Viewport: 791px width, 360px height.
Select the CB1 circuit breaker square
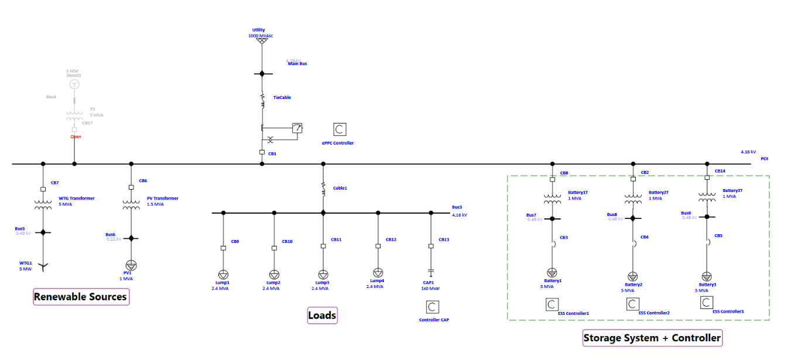point(262,153)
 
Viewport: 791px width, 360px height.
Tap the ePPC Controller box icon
point(340,129)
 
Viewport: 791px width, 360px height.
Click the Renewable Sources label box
point(80,297)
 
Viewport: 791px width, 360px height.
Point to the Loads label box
point(322,316)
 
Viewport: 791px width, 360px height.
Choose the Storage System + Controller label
point(652,338)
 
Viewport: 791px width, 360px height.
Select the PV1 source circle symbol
point(131,265)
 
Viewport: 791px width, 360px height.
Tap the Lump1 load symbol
point(223,275)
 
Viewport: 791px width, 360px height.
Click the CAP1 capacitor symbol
point(431,273)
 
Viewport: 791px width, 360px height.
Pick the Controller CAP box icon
point(432,307)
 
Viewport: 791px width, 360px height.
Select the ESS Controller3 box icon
point(707,302)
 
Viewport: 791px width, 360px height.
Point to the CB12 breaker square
point(378,246)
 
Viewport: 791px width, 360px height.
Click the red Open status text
point(76,137)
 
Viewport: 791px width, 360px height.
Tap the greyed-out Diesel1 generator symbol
point(74,84)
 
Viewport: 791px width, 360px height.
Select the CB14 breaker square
point(707,177)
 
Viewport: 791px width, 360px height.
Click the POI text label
point(764,158)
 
